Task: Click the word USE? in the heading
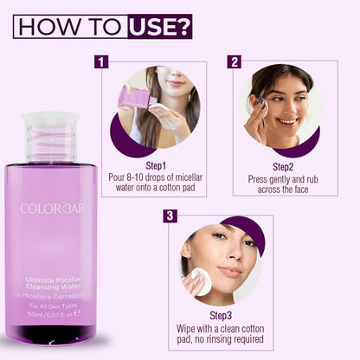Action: point(159,26)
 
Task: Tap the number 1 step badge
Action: point(102,61)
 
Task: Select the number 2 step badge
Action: point(234,61)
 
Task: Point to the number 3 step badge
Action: point(170,215)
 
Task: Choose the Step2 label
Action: point(285,164)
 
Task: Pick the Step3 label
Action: point(220,318)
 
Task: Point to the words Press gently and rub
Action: point(285,177)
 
